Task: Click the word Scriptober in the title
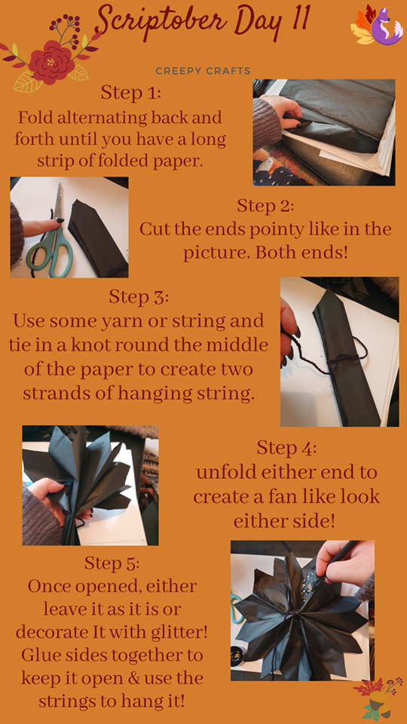click(x=161, y=20)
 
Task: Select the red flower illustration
click(x=51, y=63)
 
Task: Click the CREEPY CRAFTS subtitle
click(x=203, y=71)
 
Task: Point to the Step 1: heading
click(x=131, y=92)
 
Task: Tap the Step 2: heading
click(x=265, y=205)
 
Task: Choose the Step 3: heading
click(x=139, y=296)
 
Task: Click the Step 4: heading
click(x=286, y=447)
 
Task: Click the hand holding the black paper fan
click(x=48, y=499)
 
